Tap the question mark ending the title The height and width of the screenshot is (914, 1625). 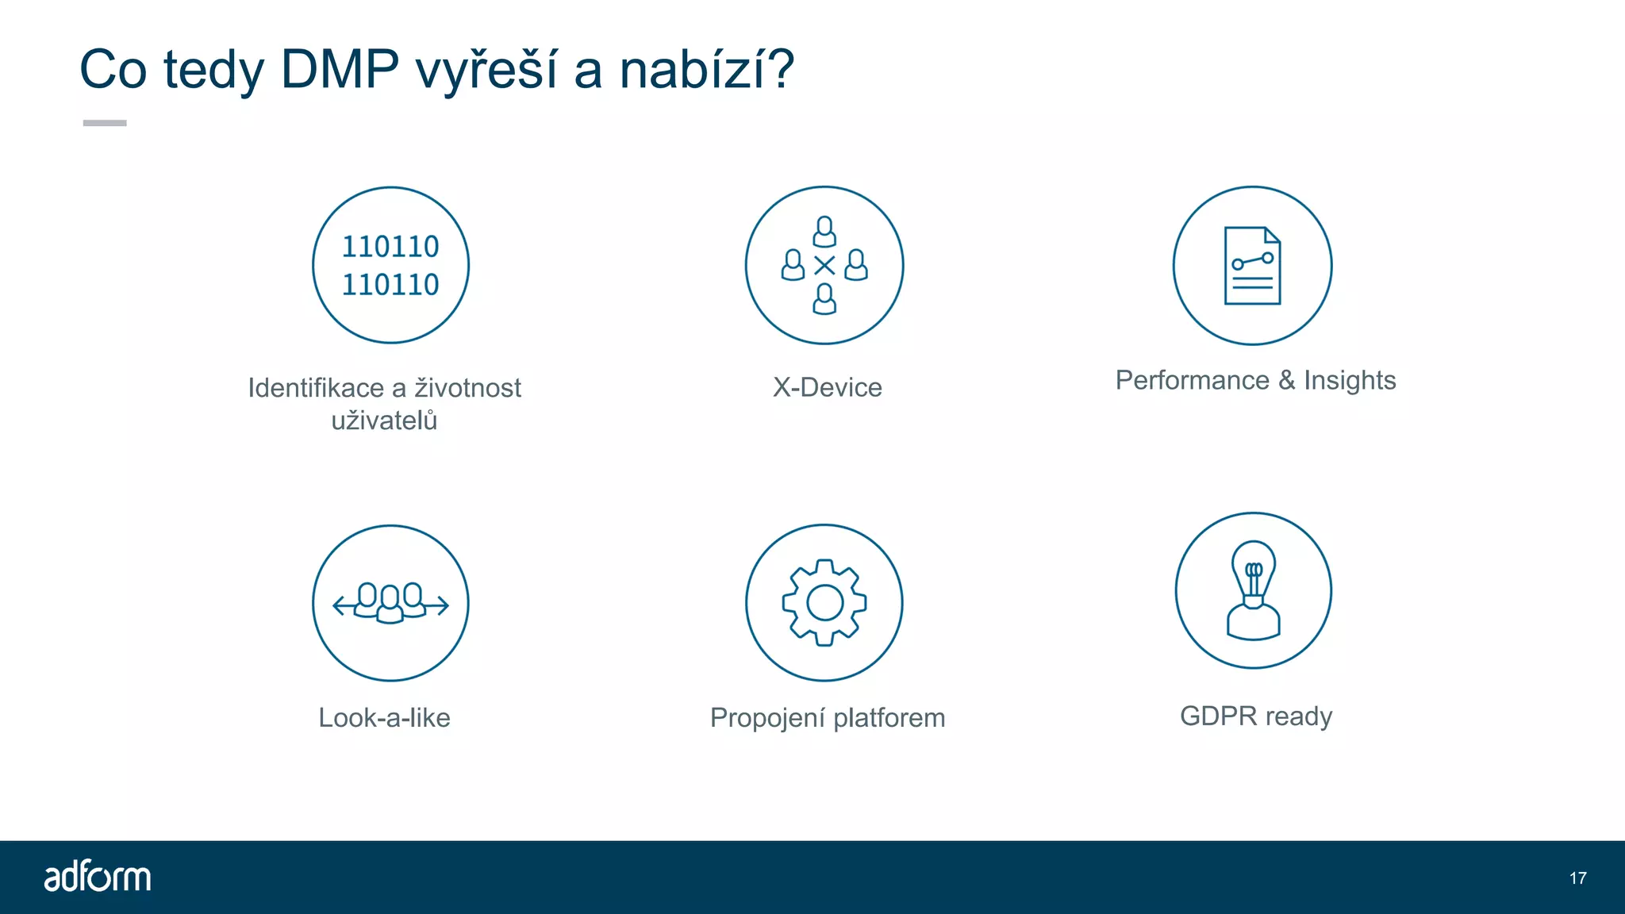click(780, 70)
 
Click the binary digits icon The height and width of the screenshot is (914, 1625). click(390, 266)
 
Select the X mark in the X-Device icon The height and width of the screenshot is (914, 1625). click(824, 266)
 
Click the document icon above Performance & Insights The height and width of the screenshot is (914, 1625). click(1252, 266)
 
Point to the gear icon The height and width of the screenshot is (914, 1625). click(824, 603)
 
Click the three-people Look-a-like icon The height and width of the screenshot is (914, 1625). click(390, 603)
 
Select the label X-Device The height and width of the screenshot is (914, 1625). click(827, 387)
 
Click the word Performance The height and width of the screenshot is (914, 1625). click(1192, 380)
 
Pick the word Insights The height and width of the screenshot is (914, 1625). click(1350, 380)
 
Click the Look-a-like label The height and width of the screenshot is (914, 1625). click(384, 717)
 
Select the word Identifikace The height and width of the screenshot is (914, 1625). click(316, 387)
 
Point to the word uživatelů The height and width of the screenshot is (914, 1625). click(384, 420)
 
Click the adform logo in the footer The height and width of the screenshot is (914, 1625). click(98, 877)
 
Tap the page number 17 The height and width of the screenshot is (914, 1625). click(1577, 878)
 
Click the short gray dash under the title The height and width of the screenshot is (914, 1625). click(105, 123)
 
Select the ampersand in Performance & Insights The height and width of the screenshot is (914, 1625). click(1286, 380)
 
